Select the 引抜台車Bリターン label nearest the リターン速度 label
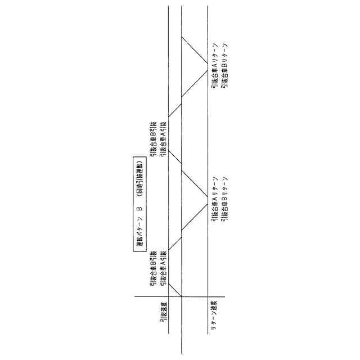pyautogui.click(x=224, y=200)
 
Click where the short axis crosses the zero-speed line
pyautogui.click(x=181, y=296)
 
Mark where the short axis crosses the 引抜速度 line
pyautogui.click(x=169, y=296)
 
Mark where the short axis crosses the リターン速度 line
pyautogui.click(x=208, y=296)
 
